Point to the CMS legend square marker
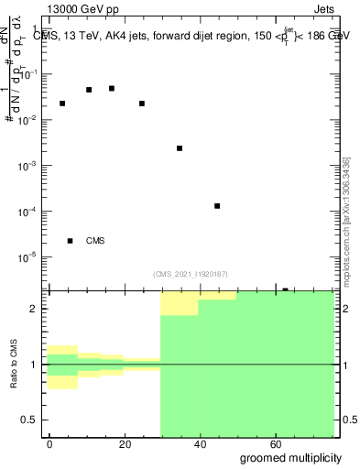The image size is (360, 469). (70, 241)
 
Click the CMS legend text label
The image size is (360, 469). (95, 241)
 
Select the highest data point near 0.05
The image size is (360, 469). (112, 88)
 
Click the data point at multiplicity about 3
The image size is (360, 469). (62, 104)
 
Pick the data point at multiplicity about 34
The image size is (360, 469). (180, 147)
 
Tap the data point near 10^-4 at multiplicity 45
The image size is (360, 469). (217, 206)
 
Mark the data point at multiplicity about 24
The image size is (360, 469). (142, 104)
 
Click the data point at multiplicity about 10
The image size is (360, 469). (89, 90)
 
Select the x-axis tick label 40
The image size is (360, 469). (202, 443)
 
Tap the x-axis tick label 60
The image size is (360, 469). (277, 443)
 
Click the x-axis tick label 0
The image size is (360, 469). (50, 443)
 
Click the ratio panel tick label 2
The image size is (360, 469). (38, 310)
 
